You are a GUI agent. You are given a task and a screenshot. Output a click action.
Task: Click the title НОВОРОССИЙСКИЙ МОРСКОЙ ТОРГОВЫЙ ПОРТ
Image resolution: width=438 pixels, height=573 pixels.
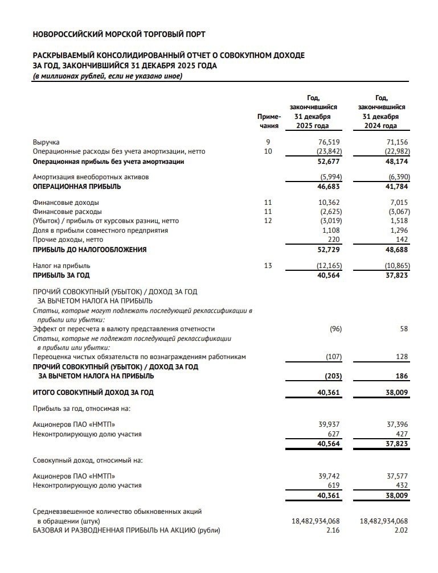120,35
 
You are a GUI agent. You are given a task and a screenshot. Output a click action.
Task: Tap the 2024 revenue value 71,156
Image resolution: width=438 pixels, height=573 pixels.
397,142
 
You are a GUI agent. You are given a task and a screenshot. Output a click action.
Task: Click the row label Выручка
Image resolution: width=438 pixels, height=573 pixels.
46,142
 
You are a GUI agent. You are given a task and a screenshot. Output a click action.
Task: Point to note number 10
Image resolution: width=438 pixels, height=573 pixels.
269,151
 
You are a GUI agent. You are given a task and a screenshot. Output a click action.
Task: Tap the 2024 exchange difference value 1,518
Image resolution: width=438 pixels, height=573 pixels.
399,221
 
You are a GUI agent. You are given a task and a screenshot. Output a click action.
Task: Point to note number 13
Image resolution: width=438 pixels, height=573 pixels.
269,265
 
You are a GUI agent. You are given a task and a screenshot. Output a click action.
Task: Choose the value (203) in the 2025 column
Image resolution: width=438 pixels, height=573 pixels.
333,376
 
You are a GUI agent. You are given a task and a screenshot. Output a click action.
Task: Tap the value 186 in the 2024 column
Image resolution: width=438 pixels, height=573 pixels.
402,376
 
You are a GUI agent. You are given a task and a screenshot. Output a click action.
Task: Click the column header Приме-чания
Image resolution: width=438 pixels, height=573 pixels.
269,121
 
